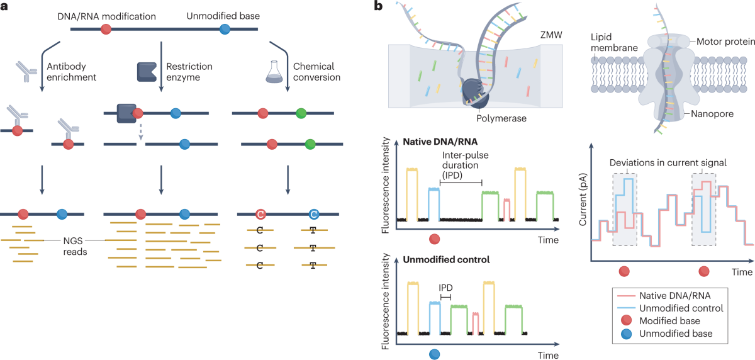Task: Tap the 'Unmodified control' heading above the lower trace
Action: click(x=430, y=259)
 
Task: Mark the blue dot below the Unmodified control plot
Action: click(x=434, y=355)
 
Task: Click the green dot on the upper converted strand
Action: click(x=301, y=113)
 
